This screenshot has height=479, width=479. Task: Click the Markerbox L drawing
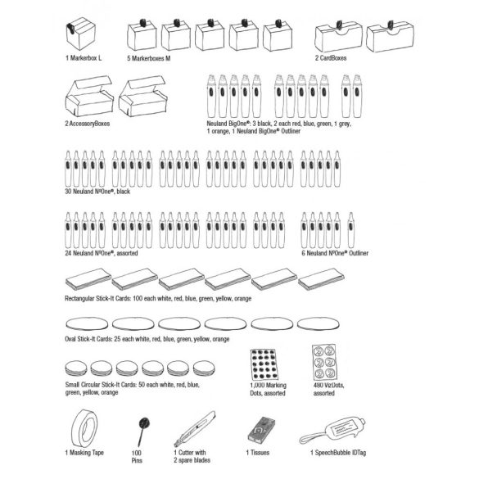point(81,34)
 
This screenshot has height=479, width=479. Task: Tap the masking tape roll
point(84,428)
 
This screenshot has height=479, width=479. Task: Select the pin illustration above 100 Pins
point(143,432)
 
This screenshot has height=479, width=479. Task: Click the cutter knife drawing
point(195,428)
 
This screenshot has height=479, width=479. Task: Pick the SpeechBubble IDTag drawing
point(332,431)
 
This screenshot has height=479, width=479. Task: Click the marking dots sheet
point(264,364)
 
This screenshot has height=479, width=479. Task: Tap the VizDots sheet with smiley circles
point(325,362)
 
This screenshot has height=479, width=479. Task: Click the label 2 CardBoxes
point(331,58)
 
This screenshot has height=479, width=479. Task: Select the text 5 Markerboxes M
point(149,58)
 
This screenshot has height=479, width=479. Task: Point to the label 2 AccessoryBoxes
point(88,124)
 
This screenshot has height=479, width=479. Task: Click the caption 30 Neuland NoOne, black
point(97,192)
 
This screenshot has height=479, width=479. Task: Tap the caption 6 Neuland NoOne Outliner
point(335,253)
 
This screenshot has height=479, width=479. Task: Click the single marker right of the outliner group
point(350,230)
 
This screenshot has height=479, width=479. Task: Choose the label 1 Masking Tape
point(84,453)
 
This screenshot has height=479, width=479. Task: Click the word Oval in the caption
point(70,339)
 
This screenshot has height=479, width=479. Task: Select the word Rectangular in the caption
point(79,299)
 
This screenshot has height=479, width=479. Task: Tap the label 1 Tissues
point(258,453)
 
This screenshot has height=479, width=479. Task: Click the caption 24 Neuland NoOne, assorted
point(102,253)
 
